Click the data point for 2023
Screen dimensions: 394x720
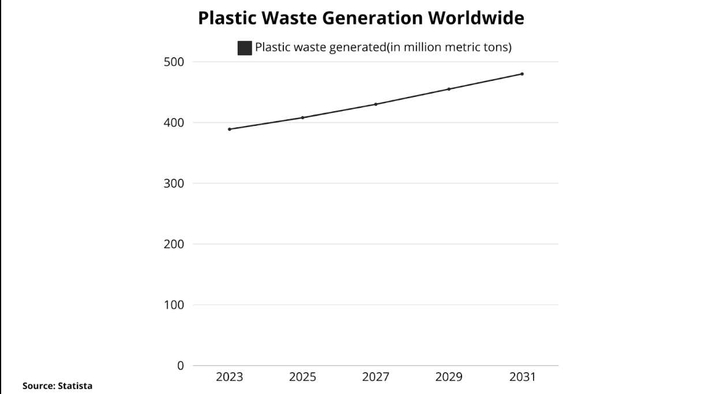click(x=230, y=129)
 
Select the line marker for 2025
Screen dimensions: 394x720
click(x=302, y=118)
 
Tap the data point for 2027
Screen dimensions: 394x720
click(x=376, y=104)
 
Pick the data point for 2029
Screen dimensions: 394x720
click(x=449, y=89)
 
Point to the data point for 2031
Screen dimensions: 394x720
click(x=522, y=74)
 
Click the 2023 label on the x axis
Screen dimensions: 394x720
click(x=230, y=377)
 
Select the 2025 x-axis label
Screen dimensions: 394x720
click(x=302, y=377)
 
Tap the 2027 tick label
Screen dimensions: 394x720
click(x=376, y=377)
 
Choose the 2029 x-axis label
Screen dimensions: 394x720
click(x=449, y=377)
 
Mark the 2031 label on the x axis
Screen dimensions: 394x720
click(x=522, y=377)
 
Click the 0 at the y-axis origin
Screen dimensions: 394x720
click(x=181, y=366)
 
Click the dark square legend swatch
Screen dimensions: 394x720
click(x=245, y=48)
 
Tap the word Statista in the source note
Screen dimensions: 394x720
click(x=74, y=385)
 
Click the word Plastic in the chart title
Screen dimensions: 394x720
click(x=226, y=18)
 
